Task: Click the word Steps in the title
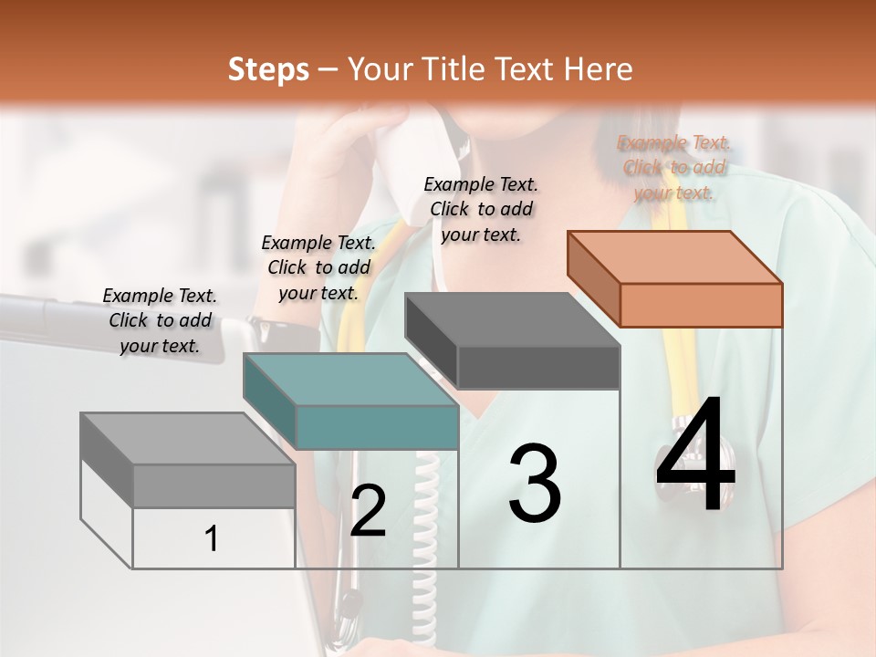(268, 69)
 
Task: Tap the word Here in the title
(594, 69)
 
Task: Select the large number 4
(695, 455)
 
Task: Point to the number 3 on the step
(534, 484)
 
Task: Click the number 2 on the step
(368, 511)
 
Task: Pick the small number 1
(211, 539)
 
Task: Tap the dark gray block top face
(512, 319)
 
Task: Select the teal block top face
(349, 380)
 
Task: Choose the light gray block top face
(187, 439)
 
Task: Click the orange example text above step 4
(674, 168)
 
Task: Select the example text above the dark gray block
(481, 209)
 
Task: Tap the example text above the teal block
(318, 267)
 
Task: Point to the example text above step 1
(160, 320)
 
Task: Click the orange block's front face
(701, 305)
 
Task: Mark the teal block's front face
(377, 428)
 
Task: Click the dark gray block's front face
(538, 367)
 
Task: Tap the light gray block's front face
(214, 485)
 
